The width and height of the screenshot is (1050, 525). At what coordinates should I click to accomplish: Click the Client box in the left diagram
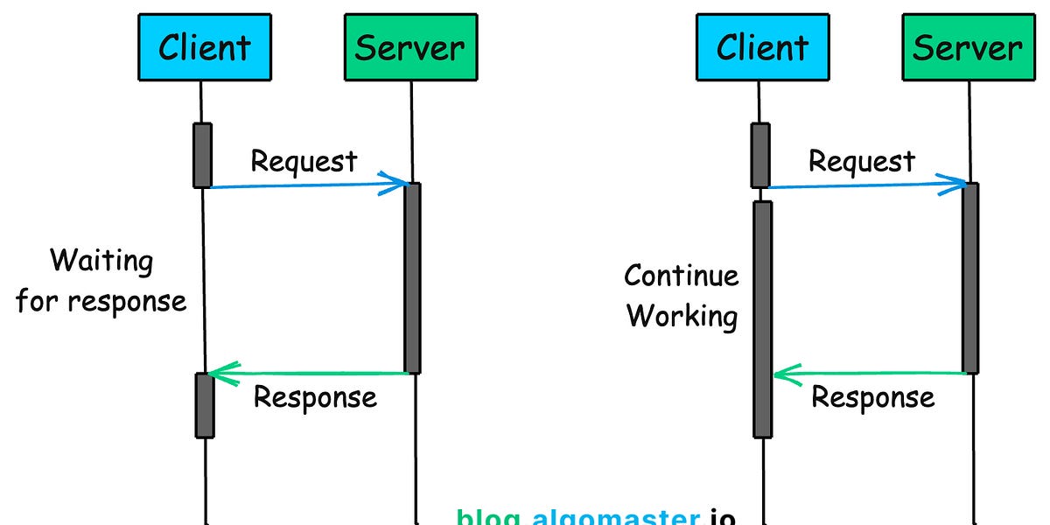204,46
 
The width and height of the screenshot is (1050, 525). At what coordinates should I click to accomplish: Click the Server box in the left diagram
410,46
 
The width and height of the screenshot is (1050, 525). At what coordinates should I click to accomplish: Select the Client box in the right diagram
762,46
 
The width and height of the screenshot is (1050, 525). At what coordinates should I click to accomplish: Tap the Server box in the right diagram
968,46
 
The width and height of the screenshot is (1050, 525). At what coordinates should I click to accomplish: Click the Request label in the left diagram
304,161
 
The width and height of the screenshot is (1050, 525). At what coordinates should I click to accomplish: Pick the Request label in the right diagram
861,161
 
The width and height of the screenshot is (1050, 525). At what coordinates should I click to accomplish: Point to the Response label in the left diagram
315,397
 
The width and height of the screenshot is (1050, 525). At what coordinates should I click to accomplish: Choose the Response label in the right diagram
872,397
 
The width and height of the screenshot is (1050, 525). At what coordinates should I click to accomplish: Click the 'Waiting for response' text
101,281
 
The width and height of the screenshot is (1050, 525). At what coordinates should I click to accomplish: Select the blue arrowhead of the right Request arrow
958,182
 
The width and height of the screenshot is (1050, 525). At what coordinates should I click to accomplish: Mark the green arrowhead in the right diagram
782,374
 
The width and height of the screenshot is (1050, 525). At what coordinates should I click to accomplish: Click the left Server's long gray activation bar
412,277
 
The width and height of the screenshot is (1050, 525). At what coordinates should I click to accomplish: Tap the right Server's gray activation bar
969,277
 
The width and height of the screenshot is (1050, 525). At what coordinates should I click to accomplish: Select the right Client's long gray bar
762,319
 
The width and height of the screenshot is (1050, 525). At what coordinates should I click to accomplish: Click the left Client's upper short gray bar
202,155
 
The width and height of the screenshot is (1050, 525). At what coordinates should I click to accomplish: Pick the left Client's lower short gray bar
204,405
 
